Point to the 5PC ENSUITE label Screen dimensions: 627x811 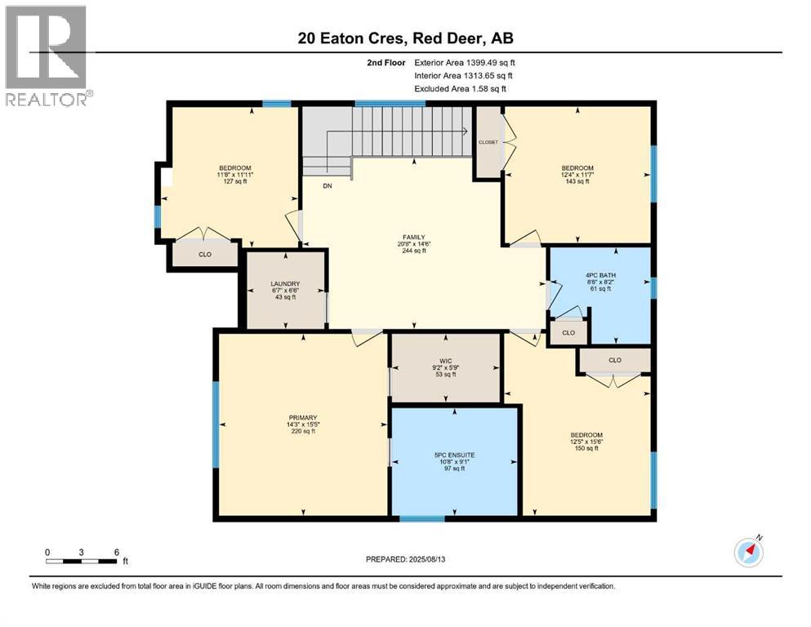click(454, 454)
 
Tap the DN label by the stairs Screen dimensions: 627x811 click(328, 186)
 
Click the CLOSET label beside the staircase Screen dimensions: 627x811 click(488, 141)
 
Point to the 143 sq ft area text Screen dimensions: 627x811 click(577, 181)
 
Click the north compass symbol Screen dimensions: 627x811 click(748, 552)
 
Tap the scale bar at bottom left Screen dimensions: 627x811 click(82, 561)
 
